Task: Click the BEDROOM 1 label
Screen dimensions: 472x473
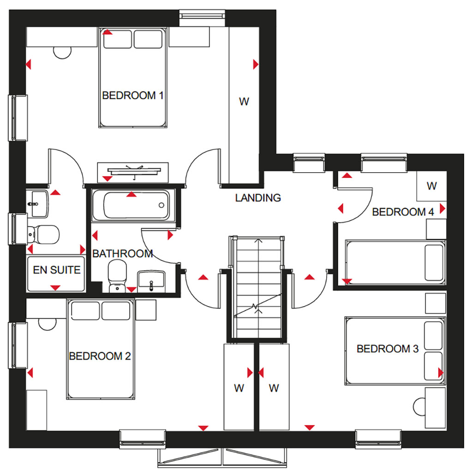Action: [132, 96]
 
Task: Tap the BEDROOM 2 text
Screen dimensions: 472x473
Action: [100, 356]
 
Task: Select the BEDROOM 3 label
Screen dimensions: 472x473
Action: [388, 349]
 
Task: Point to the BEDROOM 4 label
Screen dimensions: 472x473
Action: [403, 212]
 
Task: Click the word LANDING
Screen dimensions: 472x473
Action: [258, 198]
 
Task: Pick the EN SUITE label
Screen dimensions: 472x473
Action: [57, 270]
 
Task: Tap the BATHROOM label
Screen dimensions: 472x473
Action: [122, 254]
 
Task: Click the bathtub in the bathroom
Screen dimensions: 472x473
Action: [131, 206]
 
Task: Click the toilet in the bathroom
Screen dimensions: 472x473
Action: [117, 276]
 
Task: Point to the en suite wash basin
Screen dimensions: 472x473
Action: [38, 204]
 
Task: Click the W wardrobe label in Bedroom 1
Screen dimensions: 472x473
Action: [244, 102]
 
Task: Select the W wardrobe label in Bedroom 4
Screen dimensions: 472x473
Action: [431, 186]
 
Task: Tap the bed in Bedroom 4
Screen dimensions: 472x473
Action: [395, 262]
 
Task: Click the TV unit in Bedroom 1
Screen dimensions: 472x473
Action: [133, 172]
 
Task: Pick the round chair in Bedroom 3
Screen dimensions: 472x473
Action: [419, 406]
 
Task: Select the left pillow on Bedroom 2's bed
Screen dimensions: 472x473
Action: [85, 311]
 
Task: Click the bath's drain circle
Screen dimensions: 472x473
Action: [161, 205]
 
